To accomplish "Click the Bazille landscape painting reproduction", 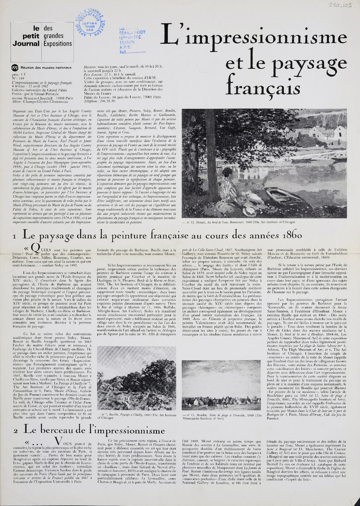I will (x=136, y=378).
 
